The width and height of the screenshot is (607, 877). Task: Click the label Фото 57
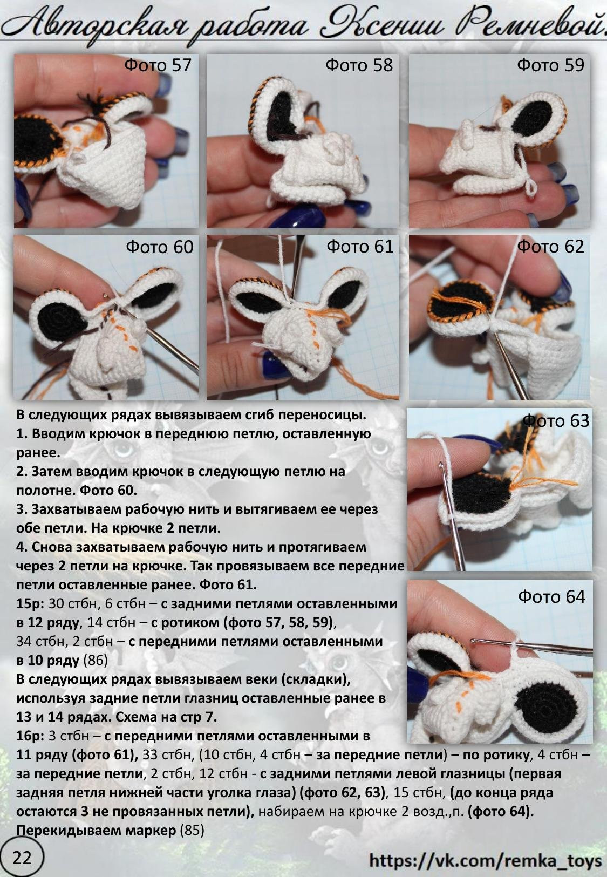click(x=158, y=65)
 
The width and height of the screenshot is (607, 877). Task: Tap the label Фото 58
click(x=359, y=65)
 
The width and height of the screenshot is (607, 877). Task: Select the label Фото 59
click(x=550, y=65)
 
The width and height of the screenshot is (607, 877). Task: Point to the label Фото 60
click(x=159, y=247)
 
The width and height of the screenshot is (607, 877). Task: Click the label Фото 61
click(x=360, y=246)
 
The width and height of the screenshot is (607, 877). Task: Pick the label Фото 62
click(x=550, y=246)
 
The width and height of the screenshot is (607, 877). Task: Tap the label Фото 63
click(x=556, y=420)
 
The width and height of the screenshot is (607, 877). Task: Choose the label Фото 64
click(x=551, y=596)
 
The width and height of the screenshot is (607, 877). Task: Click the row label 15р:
click(x=31, y=603)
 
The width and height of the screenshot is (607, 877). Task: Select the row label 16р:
click(x=31, y=736)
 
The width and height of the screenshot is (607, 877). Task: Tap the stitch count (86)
click(x=96, y=660)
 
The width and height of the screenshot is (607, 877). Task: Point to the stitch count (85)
click(x=192, y=830)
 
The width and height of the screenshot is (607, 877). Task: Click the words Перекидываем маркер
click(x=96, y=830)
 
